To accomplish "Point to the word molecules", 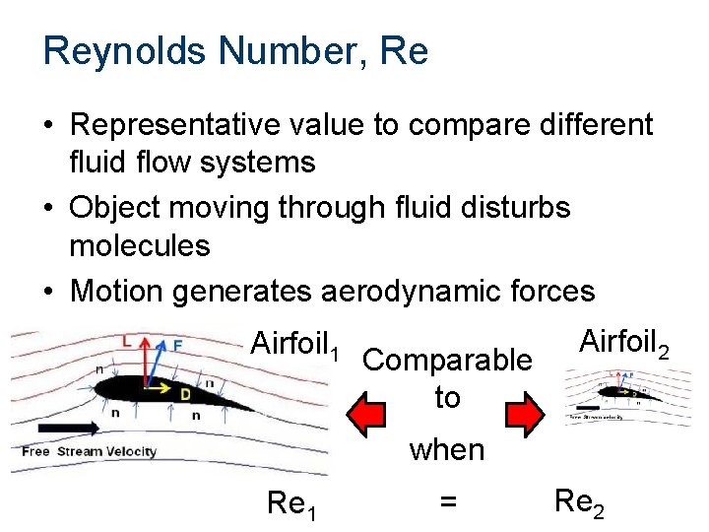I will [140, 245].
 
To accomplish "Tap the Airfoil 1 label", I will [295, 344].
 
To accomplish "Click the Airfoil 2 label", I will [625, 342].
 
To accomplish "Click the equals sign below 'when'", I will [447, 502].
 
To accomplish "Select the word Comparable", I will [447, 361].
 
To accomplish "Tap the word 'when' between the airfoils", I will [447, 450].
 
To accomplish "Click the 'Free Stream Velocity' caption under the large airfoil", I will [89, 452].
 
